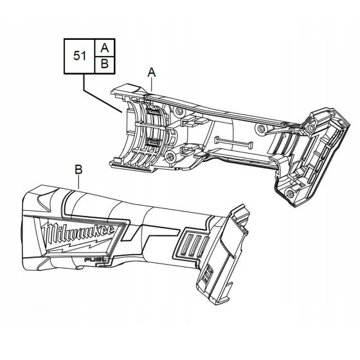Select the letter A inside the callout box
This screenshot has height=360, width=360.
point(105,47)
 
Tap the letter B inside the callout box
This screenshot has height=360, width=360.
point(105,64)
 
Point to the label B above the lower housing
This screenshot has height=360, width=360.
point(78,170)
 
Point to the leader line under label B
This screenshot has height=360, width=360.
point(78,182)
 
